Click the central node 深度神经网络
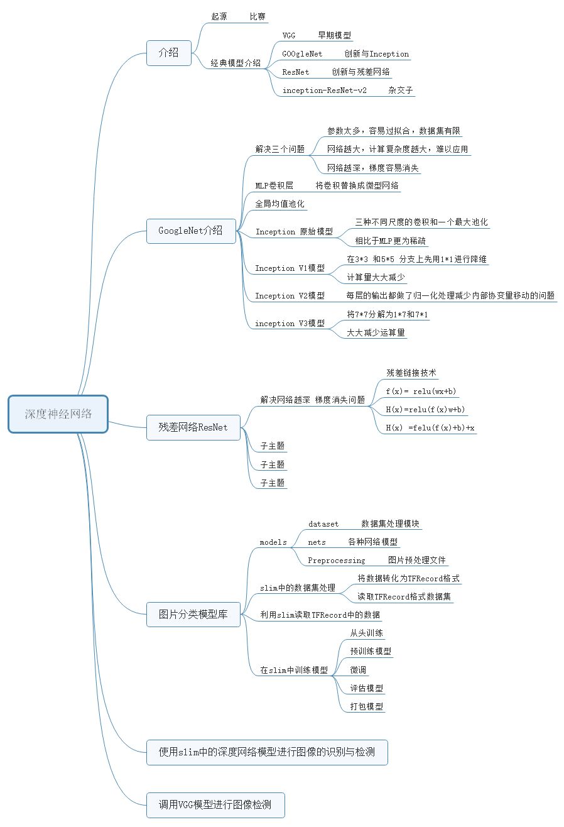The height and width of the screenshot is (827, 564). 58,414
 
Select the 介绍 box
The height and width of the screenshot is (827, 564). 168,53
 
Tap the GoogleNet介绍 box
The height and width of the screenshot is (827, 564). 190,231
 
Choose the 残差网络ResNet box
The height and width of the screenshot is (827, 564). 193,427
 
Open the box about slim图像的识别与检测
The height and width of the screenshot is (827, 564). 267,752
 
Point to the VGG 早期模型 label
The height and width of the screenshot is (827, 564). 317,36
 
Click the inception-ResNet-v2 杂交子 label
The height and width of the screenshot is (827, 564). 347,90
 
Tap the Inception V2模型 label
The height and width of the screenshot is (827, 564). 290,296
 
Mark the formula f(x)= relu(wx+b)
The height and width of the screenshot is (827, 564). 421,392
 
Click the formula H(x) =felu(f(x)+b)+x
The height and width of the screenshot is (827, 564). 430,428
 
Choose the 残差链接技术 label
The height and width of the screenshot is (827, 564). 411,373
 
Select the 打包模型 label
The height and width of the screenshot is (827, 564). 366,707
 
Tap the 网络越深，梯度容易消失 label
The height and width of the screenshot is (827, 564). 373,168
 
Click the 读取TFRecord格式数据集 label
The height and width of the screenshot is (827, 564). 404,596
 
